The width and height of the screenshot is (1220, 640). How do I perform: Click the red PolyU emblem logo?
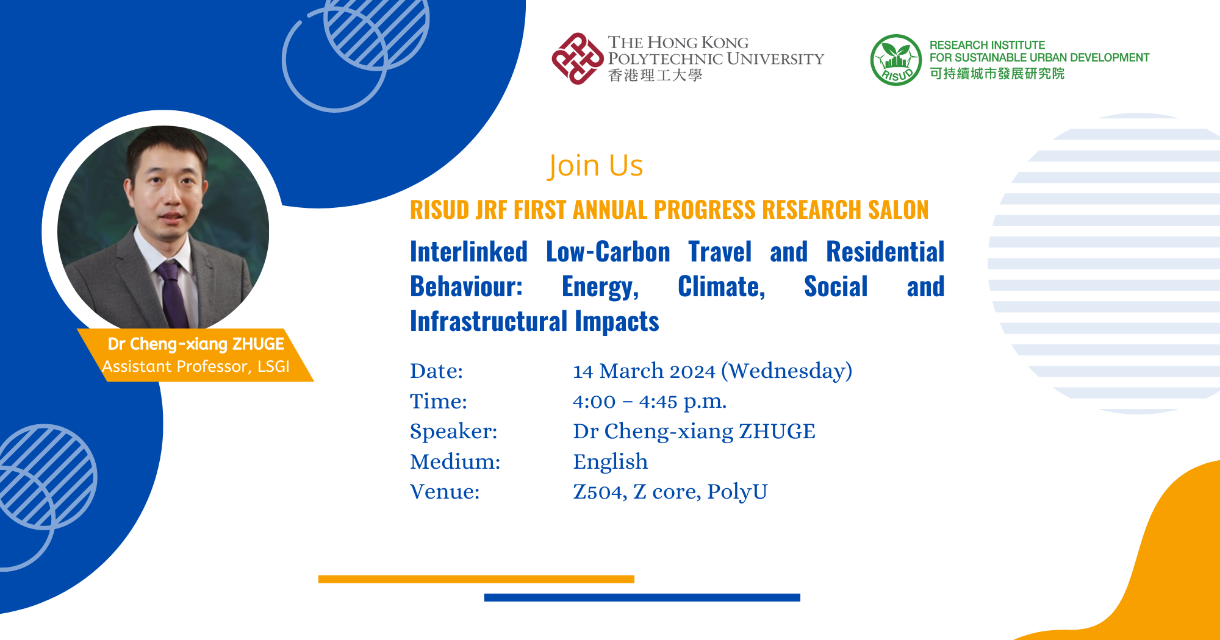[577, 59]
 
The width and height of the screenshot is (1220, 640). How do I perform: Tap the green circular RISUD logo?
[895, 60]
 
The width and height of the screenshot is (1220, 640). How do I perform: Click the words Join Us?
[595, 166]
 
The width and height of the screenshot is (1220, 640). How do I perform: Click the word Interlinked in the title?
[468, 252]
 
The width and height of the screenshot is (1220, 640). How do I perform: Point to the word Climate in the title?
[721, 287]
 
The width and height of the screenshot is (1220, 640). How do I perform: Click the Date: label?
[436, 371]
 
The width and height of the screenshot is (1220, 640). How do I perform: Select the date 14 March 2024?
[644, 371]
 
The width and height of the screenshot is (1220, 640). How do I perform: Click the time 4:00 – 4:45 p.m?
[649, 402]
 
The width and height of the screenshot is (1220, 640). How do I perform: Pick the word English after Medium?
[610, 462]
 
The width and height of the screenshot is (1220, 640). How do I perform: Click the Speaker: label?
[453, 432]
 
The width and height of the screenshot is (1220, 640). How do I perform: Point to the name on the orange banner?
[196, 344]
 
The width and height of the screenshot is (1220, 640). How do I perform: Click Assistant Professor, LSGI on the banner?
[196, 366]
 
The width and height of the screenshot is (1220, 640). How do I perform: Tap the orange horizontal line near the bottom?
[476, 579]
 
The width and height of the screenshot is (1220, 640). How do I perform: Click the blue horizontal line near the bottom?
[642, 597]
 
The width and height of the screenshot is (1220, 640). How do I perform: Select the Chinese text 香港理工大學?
[655, 76]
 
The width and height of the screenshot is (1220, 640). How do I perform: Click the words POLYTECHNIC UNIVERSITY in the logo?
[716, 59]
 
